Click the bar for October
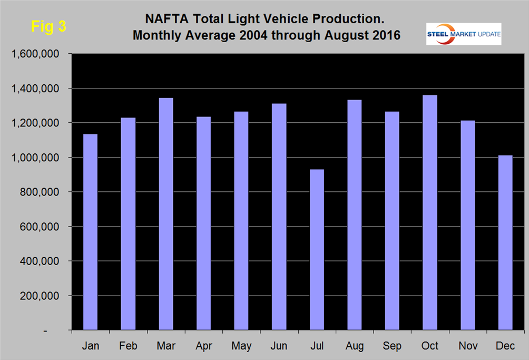pyautogui.click(x=429, y=213)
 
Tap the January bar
pyautogui.click(x=90, y=232)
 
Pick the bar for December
pyautogui.click(x=505, y=242)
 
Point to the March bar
pyautogui.click(x=165, y=214)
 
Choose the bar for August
pyautogui.click(x=354, y=217)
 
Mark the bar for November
pyautogui.click(x=467, y=226)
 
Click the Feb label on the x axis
pyautogui.click(x=128, y=346)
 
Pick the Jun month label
pyautogui.click(x=279, y=346)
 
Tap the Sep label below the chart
pyautogui.click(x=392, y=346)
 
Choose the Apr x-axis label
pyautogui.click(x=203, y=346)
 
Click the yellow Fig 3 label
pyautogui.click(x=48, y=27)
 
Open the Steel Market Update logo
pyautogui.click(x=463, y=34)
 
